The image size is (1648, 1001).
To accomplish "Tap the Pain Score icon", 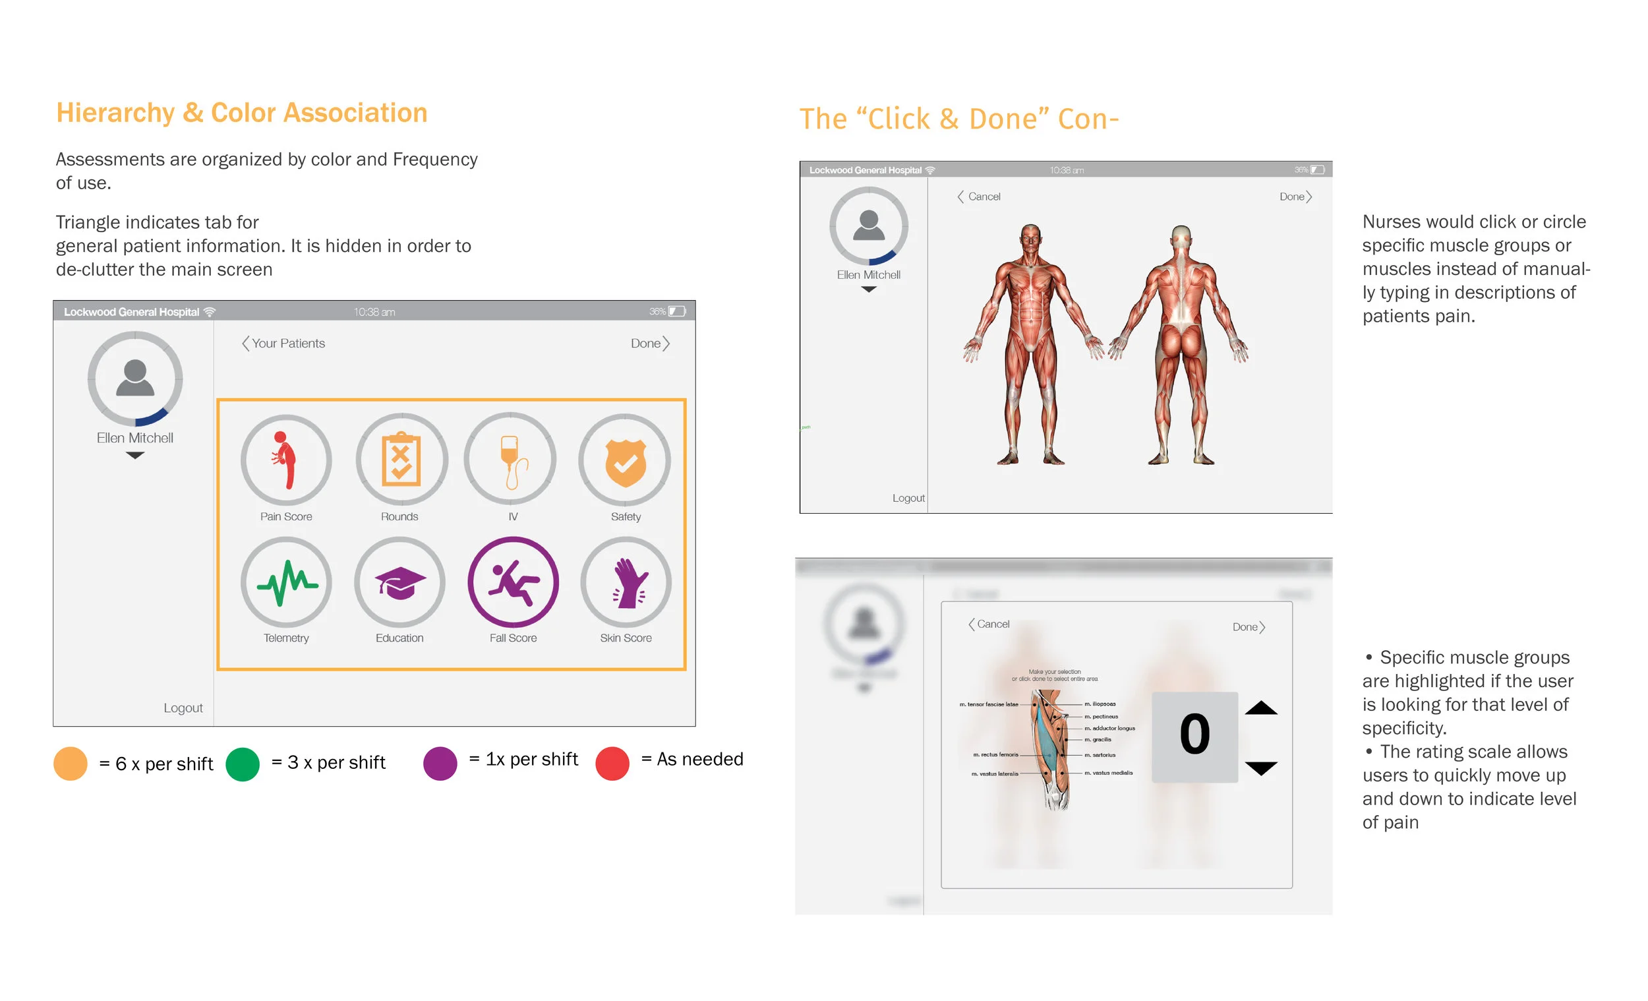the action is pos(286,460).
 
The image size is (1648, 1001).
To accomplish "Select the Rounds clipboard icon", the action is pos(401,460).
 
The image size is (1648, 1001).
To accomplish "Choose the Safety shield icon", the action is pos(625,460).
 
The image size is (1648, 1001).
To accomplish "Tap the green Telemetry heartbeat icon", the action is pos(286,583).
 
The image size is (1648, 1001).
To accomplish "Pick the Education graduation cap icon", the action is pos(400,583).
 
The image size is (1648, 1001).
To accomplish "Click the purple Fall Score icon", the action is pos(513,582).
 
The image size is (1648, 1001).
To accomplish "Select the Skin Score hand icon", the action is pos(626,583).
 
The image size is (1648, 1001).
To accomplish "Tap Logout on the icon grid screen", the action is pos(183,708).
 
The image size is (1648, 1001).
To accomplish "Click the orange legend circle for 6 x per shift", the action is pos(71,764).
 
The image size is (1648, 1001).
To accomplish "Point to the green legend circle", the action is pos(243,764).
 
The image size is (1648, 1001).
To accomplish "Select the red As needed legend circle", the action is pos(612,764).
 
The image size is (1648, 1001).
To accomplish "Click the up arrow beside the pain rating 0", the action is pos(1261,708).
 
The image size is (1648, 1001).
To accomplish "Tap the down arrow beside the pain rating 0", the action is pos(1261,768).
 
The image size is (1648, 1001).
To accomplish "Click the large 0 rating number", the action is pos(1194,735).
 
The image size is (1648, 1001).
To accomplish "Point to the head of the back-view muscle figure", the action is pos(1181,237).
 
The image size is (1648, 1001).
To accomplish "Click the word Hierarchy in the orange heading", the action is pos(115,112).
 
